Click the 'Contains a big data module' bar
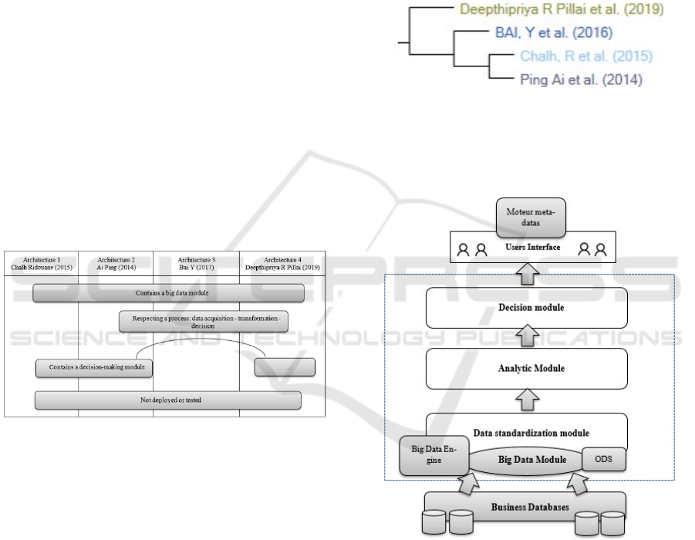pos(169,293)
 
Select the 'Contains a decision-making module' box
pos(93,367)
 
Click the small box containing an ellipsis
pos(285,367)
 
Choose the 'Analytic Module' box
pos(526,368)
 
